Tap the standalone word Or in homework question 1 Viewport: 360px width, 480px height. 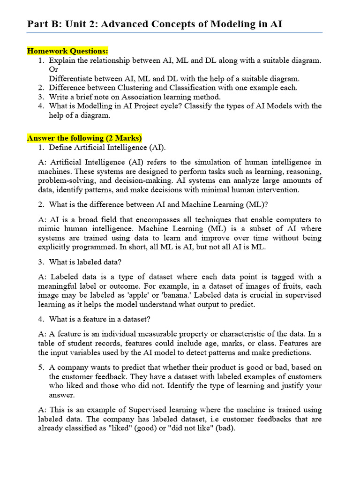point(53,69)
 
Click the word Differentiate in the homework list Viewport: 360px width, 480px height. point(73,78)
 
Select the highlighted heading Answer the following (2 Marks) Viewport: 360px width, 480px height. point(84,138)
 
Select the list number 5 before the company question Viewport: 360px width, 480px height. point(42,367)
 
